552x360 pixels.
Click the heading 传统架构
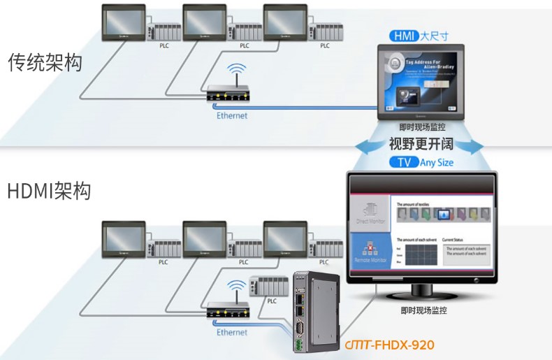tap(45, 63)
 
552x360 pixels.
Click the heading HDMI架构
tap(49, 191)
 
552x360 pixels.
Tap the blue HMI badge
tap(404, 36)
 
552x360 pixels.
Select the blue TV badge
tap(404, 162)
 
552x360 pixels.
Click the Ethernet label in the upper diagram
tap(231, 116)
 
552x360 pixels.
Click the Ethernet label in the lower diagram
tap(231, 332)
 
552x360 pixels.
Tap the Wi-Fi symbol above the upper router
tap(238, 71)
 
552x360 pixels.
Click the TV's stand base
tap(422, 292)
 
